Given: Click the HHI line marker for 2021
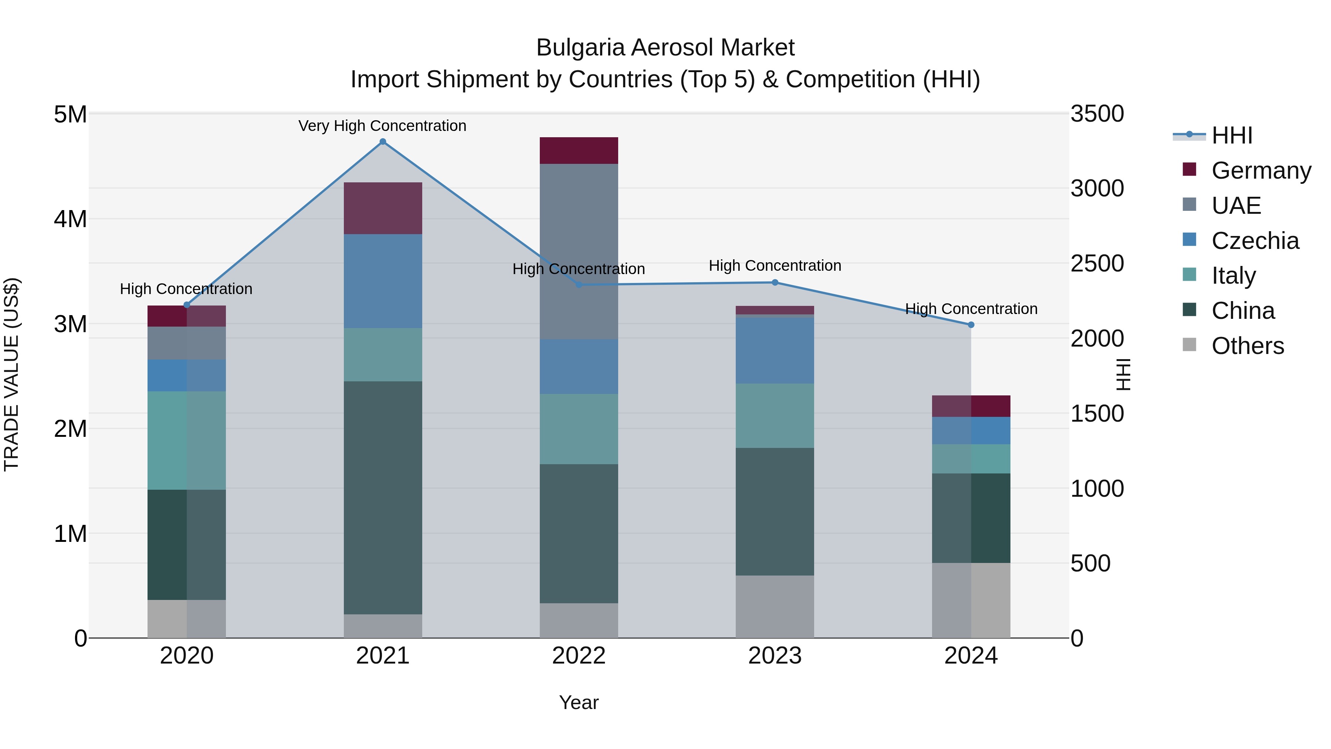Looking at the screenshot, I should pos(383,142).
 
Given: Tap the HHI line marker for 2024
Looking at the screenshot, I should pos(971,325).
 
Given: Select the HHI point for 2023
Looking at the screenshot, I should pos(775,283).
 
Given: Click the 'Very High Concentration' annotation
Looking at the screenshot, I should pos(382,126).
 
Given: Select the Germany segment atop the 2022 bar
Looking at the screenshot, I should pos(579,151).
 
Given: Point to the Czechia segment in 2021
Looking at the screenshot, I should pos(383,281).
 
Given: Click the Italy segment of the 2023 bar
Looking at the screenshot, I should pos(775,416).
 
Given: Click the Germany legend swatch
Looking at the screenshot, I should pos(1189,169).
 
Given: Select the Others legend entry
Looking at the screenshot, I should pos(1247,346).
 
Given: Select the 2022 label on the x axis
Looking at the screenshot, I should pos(579,656).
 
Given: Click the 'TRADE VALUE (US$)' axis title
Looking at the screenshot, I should pos(11,375).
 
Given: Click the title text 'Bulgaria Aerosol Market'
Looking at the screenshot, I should pos(665,48).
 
